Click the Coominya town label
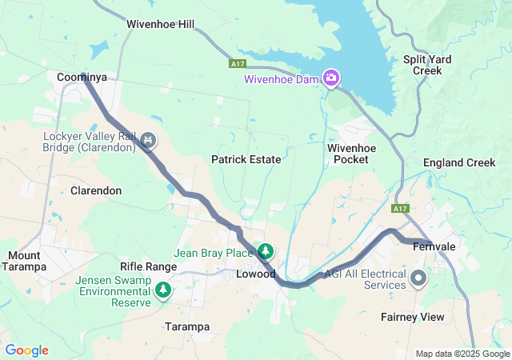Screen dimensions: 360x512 coord(82,77)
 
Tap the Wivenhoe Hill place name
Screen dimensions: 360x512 coord(160,25)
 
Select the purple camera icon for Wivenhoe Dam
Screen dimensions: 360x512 coord(330,78)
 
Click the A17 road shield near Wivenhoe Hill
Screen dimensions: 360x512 coord(236,63)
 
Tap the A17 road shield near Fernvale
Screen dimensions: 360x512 coord(401,209)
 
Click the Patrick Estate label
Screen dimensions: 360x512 coord(246,159)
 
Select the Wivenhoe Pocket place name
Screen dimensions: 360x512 coord(348,154)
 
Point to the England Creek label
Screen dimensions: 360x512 coord(459,162)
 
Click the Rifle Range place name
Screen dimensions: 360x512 coord(148,266)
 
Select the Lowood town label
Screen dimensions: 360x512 coord(256,274)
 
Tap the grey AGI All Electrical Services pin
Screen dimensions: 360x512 coord(418,279)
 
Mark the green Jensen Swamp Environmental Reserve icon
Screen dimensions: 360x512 coord(163,289)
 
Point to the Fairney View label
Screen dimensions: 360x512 coord(413,317)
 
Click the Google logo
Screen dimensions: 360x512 coord(26,350)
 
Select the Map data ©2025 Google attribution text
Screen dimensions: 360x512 coord(462,354)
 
